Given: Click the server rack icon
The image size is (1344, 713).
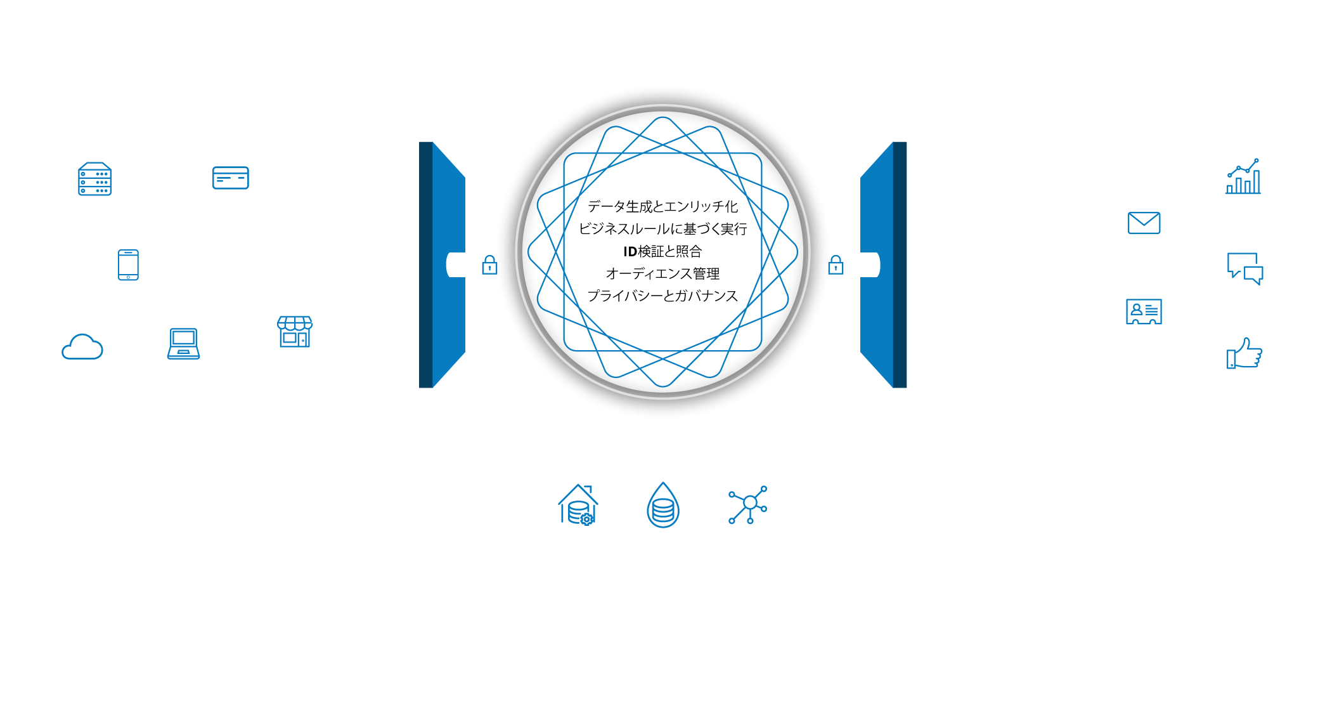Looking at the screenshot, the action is click(95, 179).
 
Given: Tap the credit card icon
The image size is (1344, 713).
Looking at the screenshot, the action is click(231, 178).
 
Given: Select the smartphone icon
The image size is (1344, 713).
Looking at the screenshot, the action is click(128, 265).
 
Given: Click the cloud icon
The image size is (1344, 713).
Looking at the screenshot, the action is click(82, 347).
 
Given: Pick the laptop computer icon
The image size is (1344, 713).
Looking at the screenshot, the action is click(183, 344).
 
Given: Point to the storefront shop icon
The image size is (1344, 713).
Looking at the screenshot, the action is click(295, 331).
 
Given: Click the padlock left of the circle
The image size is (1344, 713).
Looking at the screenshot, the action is click(489, 265).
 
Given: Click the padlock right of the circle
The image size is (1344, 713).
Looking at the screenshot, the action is click(836, 265).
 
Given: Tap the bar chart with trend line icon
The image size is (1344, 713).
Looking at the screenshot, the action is click(1243, 176).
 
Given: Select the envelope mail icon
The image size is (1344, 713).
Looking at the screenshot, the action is click(1144, 223).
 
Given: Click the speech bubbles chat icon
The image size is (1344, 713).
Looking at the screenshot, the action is click(1245, 269).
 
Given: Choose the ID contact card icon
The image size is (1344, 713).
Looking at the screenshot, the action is click(1144, 311).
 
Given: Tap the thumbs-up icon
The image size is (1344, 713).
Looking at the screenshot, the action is click(1244, 353).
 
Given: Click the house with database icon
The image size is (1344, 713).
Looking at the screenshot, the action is click(578, 506).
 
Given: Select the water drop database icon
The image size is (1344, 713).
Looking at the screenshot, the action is click(663, 505).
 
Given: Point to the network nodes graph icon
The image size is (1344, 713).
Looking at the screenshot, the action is click(749, 504).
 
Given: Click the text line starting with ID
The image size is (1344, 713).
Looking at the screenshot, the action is click(662, 252).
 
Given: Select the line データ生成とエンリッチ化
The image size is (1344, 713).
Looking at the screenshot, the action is click(662, 207).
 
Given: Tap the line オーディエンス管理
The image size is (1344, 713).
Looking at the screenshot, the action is click(662, 274).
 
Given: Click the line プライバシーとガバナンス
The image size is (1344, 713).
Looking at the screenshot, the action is click(662, 296).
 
